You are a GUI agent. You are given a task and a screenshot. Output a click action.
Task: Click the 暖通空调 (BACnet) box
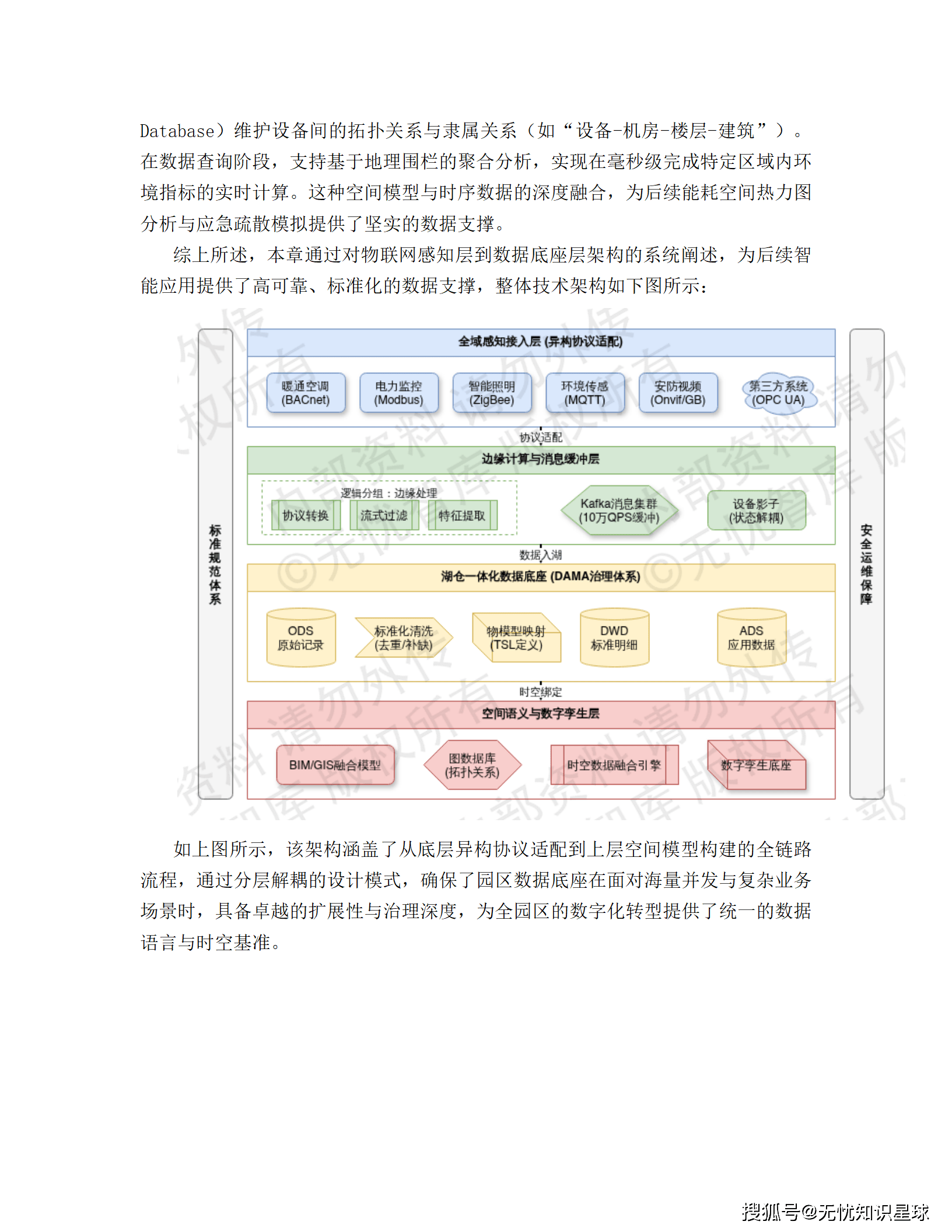[x=306, y=393]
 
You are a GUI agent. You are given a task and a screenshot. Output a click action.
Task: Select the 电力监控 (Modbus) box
[x=399, y=393]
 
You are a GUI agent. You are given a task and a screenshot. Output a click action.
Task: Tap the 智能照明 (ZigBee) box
[x=492, y=393]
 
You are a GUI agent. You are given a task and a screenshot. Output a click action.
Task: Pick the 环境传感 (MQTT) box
[x=584, y=393]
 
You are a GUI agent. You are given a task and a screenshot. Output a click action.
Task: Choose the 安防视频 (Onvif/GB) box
[x=678, y=393]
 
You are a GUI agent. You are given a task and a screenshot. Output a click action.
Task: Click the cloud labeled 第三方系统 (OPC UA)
[x=778, y=393]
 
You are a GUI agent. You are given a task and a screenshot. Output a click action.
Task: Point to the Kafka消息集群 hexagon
[x=619, y=510]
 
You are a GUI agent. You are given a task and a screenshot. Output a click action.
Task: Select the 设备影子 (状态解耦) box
[x=757, y=510]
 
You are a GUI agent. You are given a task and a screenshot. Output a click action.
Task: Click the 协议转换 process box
[x=306, y=515]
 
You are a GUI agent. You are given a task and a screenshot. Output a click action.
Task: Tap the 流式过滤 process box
[x=384, y=515]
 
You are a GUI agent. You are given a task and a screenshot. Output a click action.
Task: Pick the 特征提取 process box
[x=462, y=515]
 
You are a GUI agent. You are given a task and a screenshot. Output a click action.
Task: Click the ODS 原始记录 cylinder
[x=301, y=638]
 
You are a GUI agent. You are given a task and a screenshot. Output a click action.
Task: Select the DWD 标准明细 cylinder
[x=614, y=638]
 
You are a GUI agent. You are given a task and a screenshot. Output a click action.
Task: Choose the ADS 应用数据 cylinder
[x=751, y=638]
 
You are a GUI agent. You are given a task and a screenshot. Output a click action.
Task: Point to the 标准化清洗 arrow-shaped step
[x=403, y=638]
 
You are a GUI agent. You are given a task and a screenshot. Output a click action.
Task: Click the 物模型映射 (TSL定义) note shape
[x=516, y=638]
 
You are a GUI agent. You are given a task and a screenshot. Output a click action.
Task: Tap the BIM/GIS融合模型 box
[x=335, y=765]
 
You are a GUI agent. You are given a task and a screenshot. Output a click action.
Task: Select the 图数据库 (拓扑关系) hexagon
[x=472, y=765]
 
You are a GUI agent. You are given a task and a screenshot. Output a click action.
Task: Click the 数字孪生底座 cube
[x=756, y=765]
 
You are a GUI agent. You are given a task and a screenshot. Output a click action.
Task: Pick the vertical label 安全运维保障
[x=866, y=563]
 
